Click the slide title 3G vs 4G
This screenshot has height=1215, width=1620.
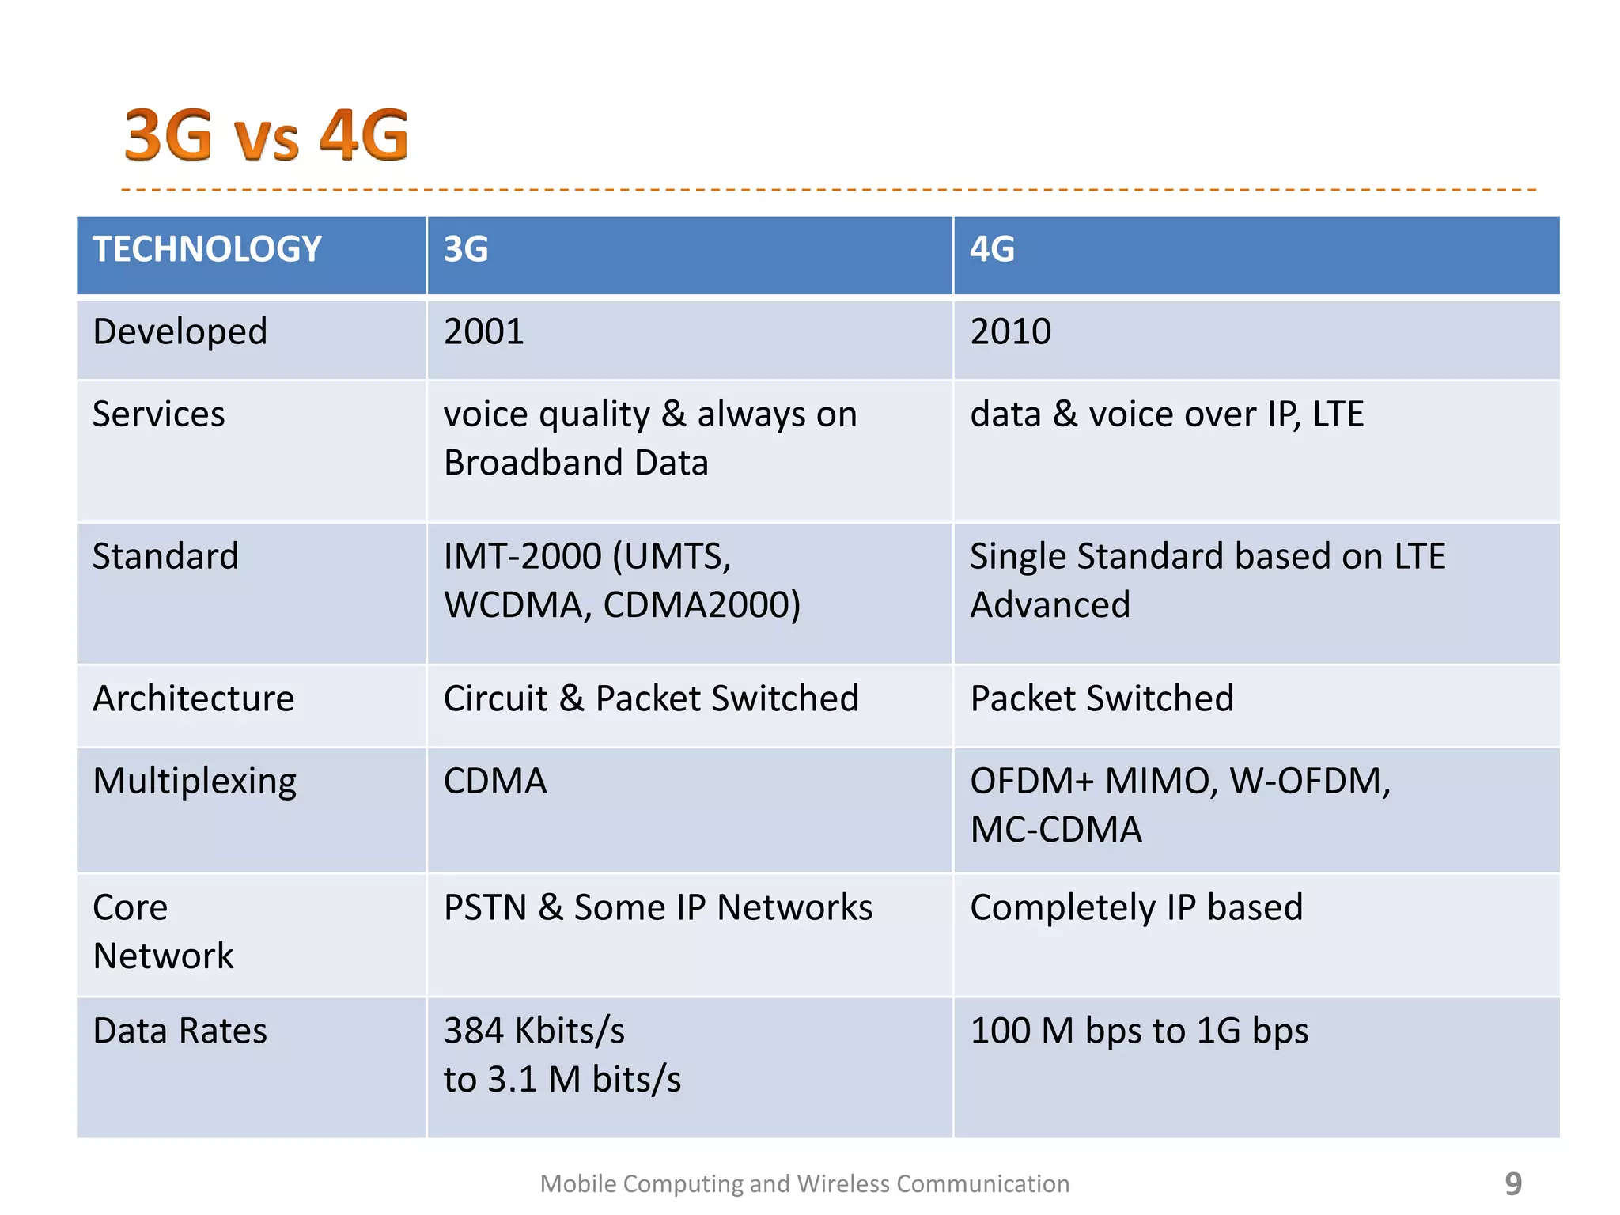coord(266,134)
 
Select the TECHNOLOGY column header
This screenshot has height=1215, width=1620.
coord(207,249)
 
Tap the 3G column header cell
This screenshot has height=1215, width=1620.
coord(466,249)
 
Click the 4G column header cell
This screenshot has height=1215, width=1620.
coord(992,249)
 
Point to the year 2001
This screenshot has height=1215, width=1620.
coord(483,331)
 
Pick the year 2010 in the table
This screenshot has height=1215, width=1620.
coord(1010,331)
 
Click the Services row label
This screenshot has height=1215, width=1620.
coord(158,414)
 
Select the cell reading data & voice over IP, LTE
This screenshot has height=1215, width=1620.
coord(1167,414)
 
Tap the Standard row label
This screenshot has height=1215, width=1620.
coord(165,556)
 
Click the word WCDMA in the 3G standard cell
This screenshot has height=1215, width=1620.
coord(513,605)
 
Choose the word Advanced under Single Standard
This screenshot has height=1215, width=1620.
coord(1050,605)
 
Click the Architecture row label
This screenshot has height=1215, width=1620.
coord(193,698)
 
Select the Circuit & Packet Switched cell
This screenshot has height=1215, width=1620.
coord(650,698)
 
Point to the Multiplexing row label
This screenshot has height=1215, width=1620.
coord(195,782)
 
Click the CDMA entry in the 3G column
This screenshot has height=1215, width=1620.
coord(495,782)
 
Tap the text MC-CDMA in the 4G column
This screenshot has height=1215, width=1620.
coord(1056,830)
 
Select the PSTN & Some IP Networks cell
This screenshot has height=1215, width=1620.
coord(657,907)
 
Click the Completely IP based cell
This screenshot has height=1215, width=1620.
coord(1136,907)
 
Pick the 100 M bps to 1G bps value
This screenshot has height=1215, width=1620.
coord(1139,1031)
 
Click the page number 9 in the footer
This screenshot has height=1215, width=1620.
coord(1512,1183)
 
